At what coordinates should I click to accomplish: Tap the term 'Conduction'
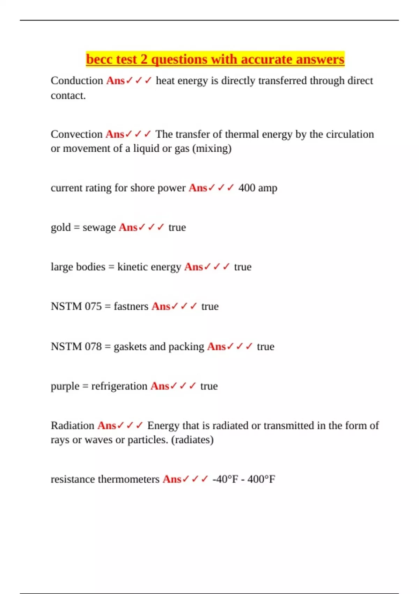click(x=77, y=81)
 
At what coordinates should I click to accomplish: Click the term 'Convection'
click(x=76, y=134)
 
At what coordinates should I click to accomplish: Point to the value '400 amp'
click(x=258, y=188)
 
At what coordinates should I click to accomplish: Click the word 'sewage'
click(x=99, y=227)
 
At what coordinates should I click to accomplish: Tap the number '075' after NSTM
click(x=93, y=306)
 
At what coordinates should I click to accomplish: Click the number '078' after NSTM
click(x=93, y=347)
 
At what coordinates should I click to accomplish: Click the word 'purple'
click(x=65, y=386)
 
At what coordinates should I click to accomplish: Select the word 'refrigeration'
click(x=119, y=386)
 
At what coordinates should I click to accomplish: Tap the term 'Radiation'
click(x=73, y=426)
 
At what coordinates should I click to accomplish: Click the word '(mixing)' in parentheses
click(x=212, y=148)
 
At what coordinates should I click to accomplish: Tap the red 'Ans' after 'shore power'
click(x=198, y=188)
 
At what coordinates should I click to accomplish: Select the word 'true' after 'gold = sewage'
click(x=177, y=227)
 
